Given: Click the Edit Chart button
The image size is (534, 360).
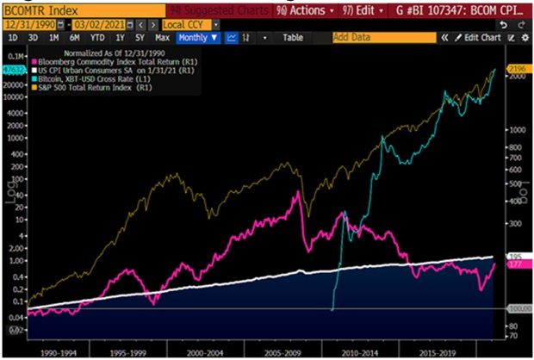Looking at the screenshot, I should tap(478, 38).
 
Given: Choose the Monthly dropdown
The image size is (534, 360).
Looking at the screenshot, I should tap(198, 38).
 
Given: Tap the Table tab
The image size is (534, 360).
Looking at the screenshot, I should tap(293, 38).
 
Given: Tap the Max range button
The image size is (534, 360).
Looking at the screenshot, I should tap(162, 38).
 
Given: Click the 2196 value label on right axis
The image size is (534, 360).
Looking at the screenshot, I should tap(514, 68).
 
